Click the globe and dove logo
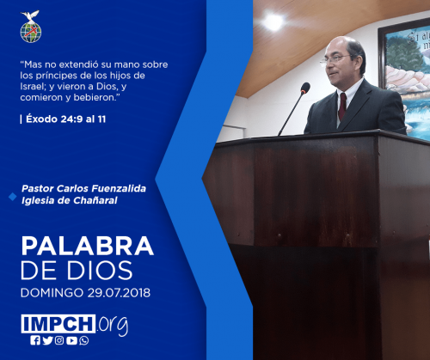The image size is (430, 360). tap(31, 27)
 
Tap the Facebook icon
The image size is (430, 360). tap(35, 340)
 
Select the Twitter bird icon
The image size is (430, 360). tap(47, 340)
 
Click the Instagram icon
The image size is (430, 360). tap(59, 340)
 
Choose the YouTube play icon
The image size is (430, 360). tap(71, 340)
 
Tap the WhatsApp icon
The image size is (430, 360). tap(84, 340)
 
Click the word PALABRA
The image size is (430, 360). tap(88, 246)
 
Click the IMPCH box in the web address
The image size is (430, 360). tap(58, 324)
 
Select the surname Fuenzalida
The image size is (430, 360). tap(119, 188)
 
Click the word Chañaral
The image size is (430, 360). tap(95, 200)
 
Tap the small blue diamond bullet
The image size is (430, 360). tap(13, 197)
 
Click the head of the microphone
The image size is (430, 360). tap(305, 88)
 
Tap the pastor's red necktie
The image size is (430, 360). tap(342, 107)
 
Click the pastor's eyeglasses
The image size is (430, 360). tap(335, 59)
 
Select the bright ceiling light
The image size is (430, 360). tap(273, 21)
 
